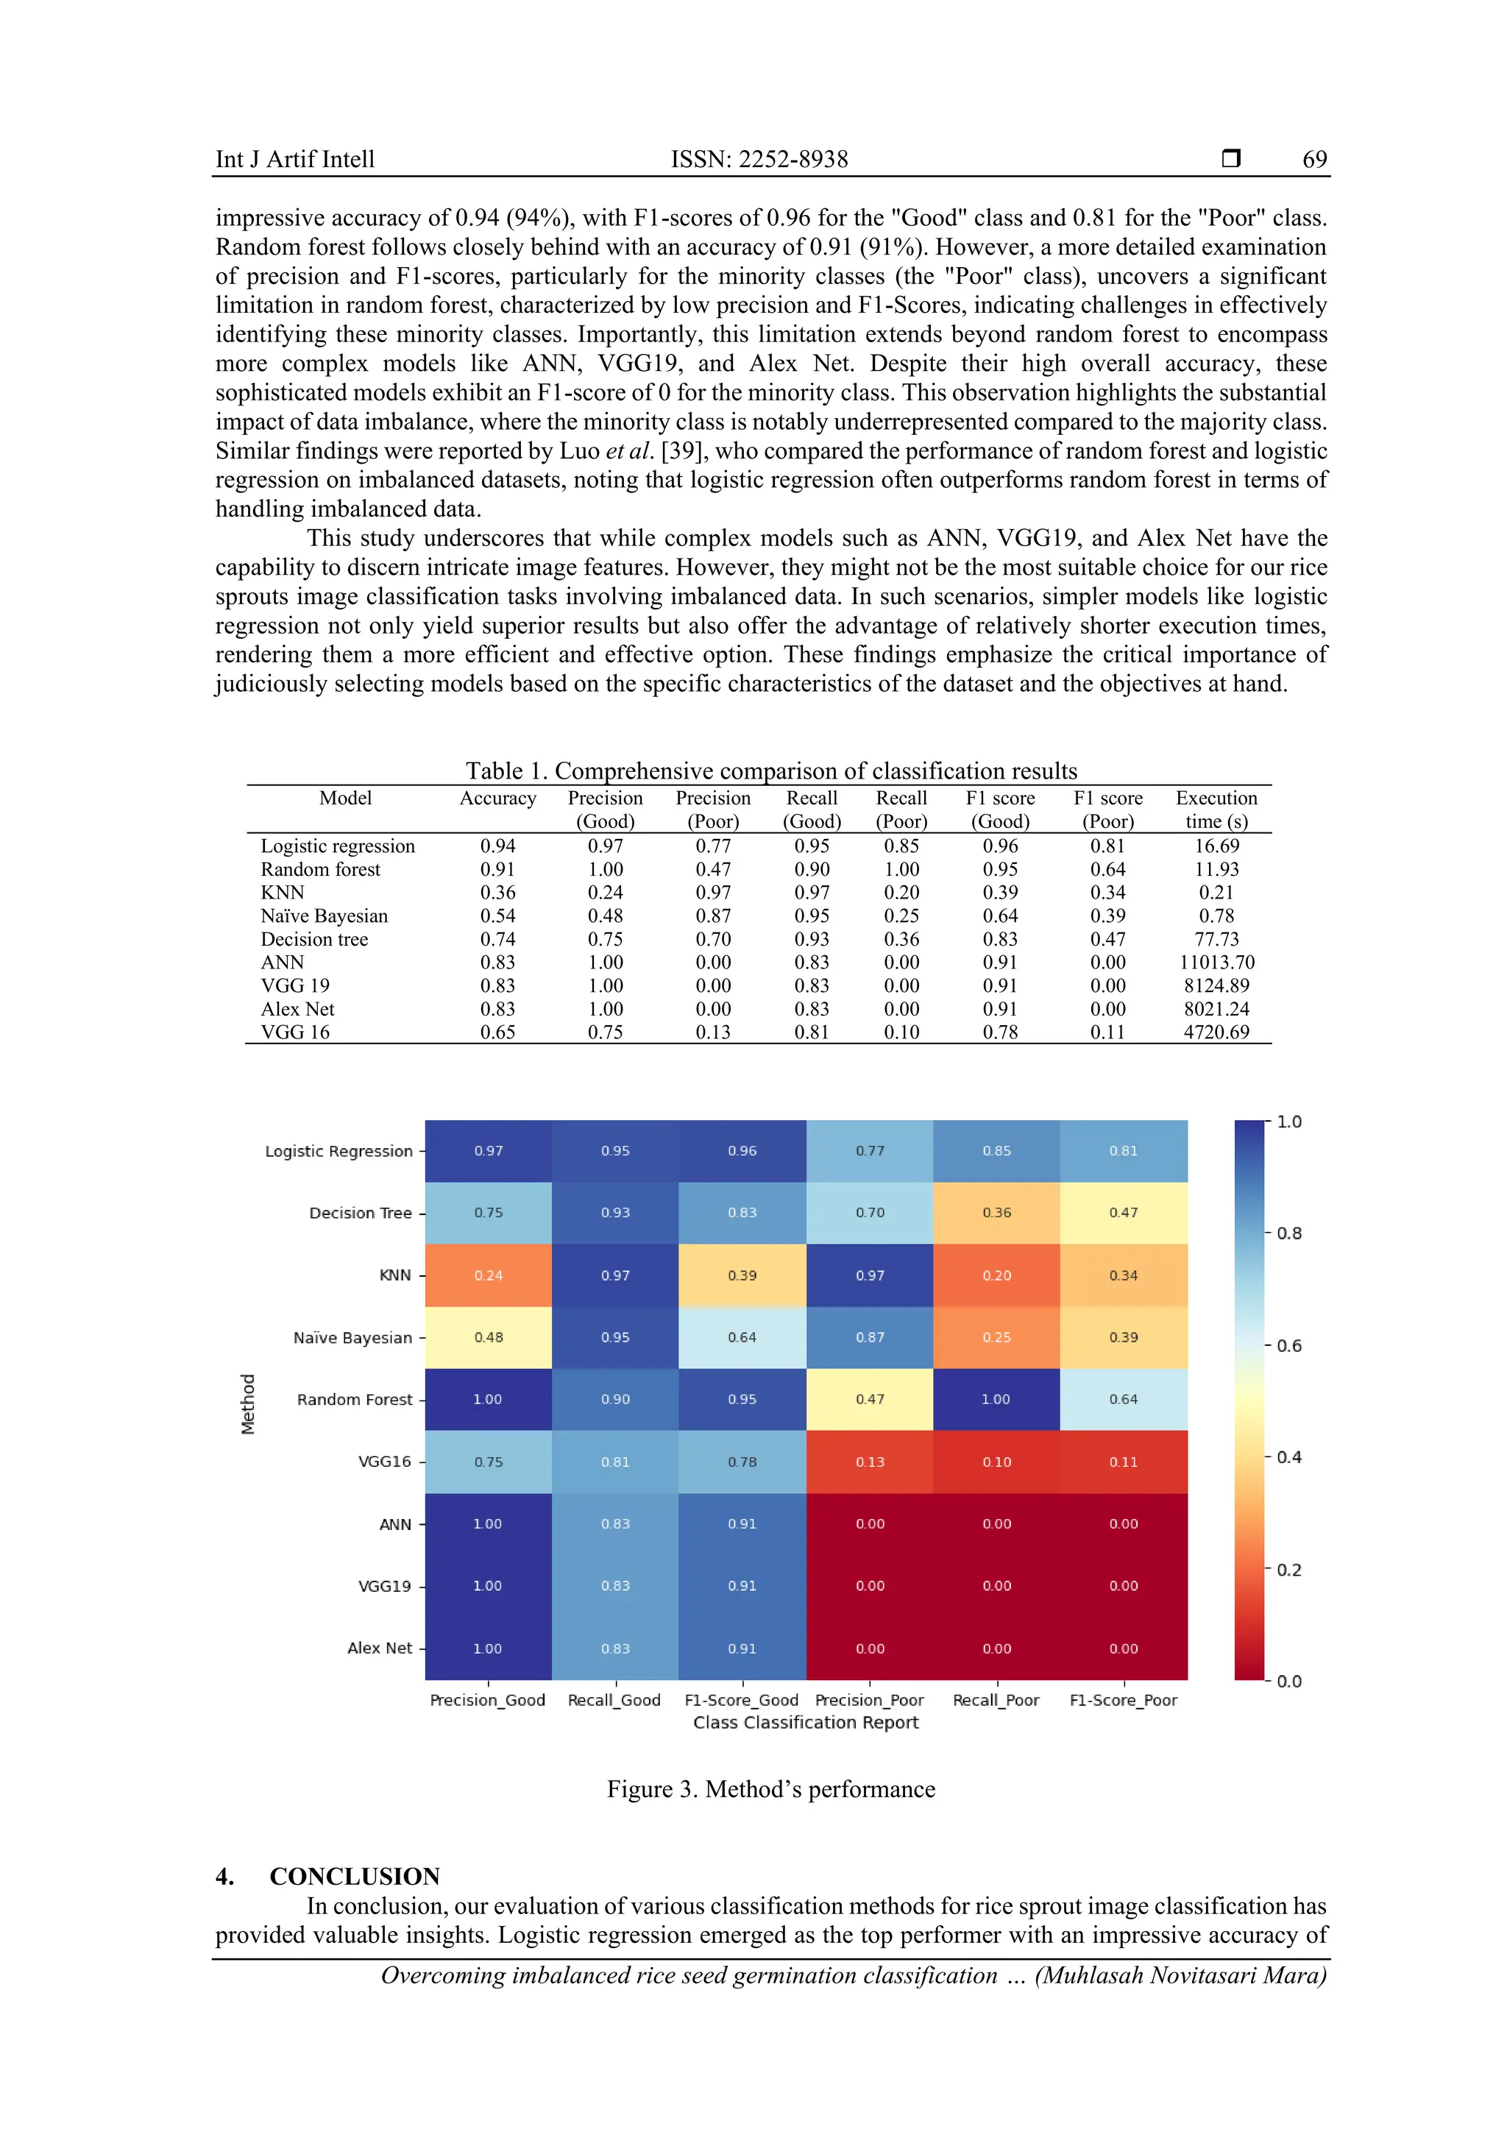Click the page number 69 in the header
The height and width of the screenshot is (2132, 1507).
click(x=1314, y=159)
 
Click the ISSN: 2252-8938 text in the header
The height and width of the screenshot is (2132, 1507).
click(x=759, y=159)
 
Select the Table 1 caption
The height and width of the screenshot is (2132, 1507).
click(x=770, y=771)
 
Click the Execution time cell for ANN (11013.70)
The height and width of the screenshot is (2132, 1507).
click(x=1216, y=962)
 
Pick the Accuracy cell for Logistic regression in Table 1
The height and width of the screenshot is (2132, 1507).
click(x=497, y=846)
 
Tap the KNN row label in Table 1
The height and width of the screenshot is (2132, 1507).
click(x=283, y=893)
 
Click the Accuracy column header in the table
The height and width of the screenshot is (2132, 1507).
click(x=497, y=798)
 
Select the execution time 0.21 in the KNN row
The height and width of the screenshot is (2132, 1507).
click(x=1216, y=893)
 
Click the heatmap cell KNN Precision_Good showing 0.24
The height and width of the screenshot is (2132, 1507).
click(x=489, y=1275)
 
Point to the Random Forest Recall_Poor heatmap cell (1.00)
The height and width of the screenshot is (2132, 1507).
click(x=996, y=1398)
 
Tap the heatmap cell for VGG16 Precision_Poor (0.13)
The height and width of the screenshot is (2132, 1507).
click(x=870, y=1462)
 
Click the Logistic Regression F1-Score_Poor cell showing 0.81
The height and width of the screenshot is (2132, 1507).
click(x=1124, y=1150)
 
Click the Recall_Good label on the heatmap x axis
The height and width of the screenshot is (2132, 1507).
click(x=614, y=1700)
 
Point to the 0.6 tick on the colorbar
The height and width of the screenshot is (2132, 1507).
click(x=1288, y=1345)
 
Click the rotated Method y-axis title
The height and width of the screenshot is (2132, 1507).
click(x=248, y=1403)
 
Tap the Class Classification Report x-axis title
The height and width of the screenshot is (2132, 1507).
click(x=806, y=1723)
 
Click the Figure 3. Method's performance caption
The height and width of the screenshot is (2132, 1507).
click(x=770, y=1789)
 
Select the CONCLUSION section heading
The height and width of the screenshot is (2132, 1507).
click(x=354, y=1876)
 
